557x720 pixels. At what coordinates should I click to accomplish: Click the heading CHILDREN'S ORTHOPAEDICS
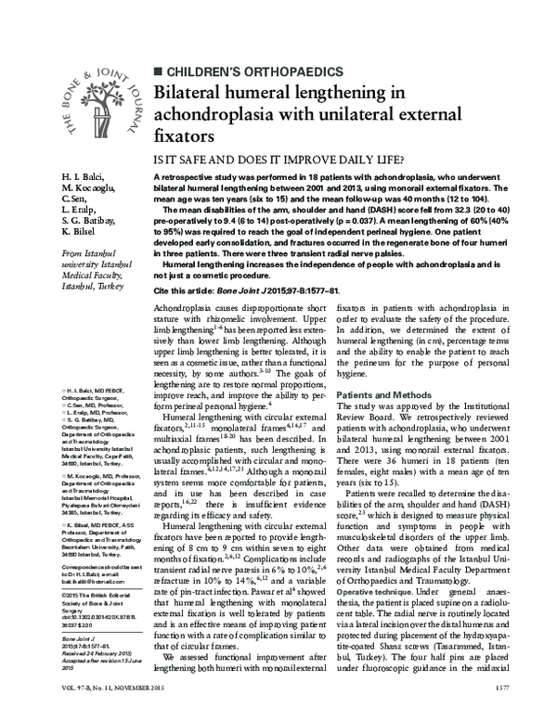pos(246,71)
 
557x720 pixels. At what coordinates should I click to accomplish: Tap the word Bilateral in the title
pos(196,93)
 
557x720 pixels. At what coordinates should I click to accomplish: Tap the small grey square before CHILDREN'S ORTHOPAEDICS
pos(156,71)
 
